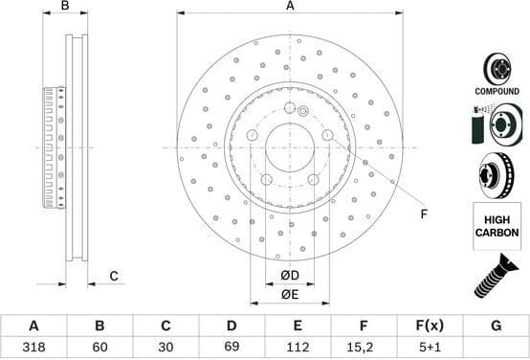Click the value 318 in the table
[x=33, y=348]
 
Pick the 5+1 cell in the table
[x=429, y=348]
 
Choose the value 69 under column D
[x=231, y=348]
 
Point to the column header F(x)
[x=429, y=326]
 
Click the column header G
[x=496, y=326]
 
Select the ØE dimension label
[x=290, y=294]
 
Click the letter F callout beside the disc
[x=424, y=214]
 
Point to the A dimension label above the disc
[x=290, y=7]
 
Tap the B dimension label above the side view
[x=66, y=7]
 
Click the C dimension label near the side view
[x=113, y=277]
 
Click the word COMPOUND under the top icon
[x=496, y=90]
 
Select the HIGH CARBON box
[x=496, y=226]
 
